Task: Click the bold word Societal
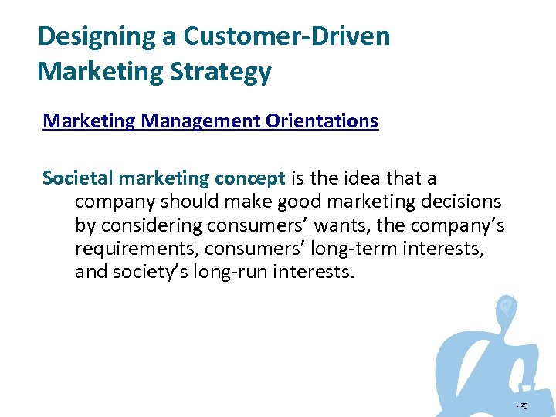point(78,178)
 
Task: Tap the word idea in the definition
point(361,178)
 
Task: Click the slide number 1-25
point(521,405)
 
